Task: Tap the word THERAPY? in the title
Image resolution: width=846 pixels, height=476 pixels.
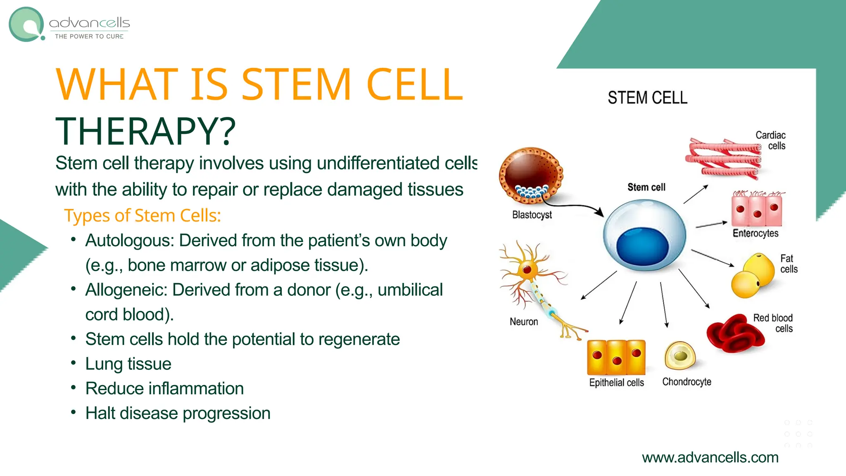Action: (x=145, y=131)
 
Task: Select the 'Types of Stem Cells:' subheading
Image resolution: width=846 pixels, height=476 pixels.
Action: (x=143, y=216)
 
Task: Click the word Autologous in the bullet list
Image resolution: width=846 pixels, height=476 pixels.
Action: (x=129, y=240)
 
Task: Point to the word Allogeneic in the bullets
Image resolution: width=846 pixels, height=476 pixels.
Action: (x=126, y=290)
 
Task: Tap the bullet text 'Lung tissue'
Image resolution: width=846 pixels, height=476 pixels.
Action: (x=128, y=364)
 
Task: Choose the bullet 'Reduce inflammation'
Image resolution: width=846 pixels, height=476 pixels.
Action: (x=164, y=389)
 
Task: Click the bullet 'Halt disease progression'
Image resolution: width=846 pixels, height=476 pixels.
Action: (x=178, y=414)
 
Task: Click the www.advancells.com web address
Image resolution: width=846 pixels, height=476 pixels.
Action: (x=710, y=457)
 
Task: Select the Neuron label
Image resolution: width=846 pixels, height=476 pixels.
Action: (x=523, y=321)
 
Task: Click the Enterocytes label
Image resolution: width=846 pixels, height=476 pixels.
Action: (x=755, y=233)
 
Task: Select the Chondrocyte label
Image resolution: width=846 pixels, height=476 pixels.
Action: (x=687, y=382)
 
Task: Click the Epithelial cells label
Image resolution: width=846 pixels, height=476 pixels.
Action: (x=616, y=383)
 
